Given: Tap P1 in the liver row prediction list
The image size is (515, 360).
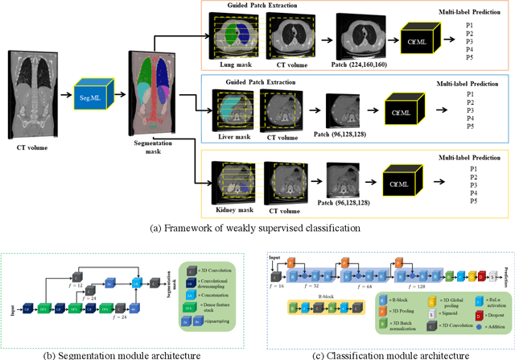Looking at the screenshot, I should (470, 95).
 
